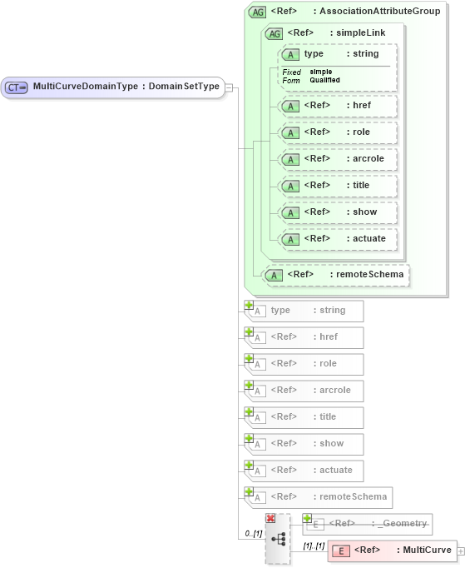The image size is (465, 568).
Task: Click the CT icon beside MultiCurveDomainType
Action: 17,87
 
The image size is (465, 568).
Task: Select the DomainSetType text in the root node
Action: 184,87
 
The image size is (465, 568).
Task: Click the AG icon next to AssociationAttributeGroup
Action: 258,12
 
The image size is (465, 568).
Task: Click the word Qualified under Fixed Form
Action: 324,80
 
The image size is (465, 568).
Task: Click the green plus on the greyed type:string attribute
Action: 249,306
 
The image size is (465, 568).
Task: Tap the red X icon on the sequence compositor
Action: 270,518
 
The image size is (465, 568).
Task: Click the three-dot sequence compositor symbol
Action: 278,540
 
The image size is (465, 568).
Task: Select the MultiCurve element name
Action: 424,551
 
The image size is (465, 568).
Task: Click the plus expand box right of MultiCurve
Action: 461,551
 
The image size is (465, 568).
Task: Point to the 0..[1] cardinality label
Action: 253,533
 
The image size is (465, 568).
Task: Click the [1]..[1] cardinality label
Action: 314,546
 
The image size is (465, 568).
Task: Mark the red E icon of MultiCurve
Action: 341,551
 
